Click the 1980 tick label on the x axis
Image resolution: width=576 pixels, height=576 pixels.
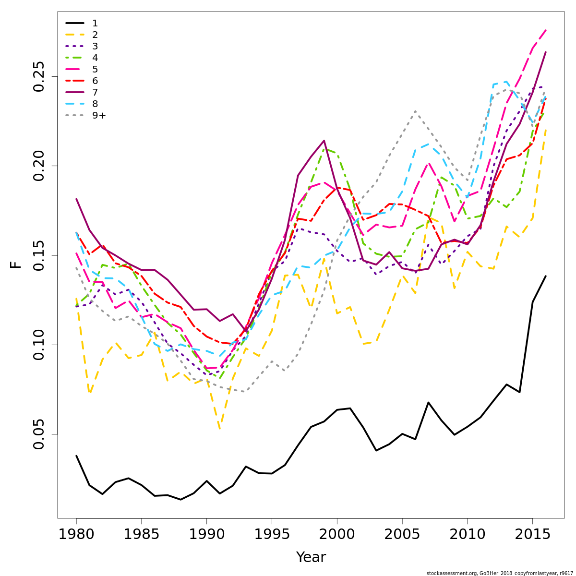(x=76, y=535)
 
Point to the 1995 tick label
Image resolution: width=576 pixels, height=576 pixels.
(x=272, y=535)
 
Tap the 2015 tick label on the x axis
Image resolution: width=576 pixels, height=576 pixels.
(x=532, y=535)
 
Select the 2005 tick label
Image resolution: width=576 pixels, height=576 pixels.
(x=402, y=535)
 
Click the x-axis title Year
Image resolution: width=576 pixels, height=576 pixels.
(x=311, y=557)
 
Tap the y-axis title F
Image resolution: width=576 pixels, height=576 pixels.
(x=16, y=264)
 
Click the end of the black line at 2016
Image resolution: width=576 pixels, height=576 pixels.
(x=546, y=276)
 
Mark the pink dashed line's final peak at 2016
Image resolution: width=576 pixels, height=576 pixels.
(x=546, y=30)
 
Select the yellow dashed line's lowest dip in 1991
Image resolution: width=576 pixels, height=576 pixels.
(x=219, y=429)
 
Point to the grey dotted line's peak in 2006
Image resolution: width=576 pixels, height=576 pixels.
(x=415, y=111)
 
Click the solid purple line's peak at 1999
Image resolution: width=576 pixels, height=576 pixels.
(x=324, y=141)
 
